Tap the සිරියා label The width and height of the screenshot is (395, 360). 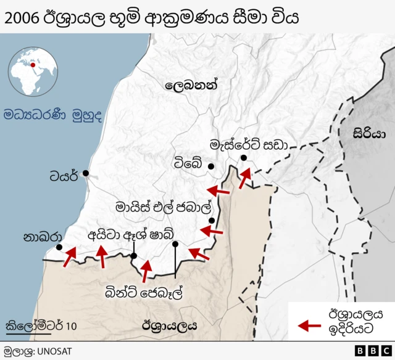[369, 133]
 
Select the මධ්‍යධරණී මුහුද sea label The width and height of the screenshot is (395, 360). [52, 115]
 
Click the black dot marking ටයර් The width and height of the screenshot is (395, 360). [85, 173]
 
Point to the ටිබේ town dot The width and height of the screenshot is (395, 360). [211, 166]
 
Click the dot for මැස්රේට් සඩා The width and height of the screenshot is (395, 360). [244, 158]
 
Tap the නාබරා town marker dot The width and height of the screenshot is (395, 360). [59, 248]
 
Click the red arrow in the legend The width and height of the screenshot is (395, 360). [309, 325]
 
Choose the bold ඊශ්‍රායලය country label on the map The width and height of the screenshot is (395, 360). [169, 325]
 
